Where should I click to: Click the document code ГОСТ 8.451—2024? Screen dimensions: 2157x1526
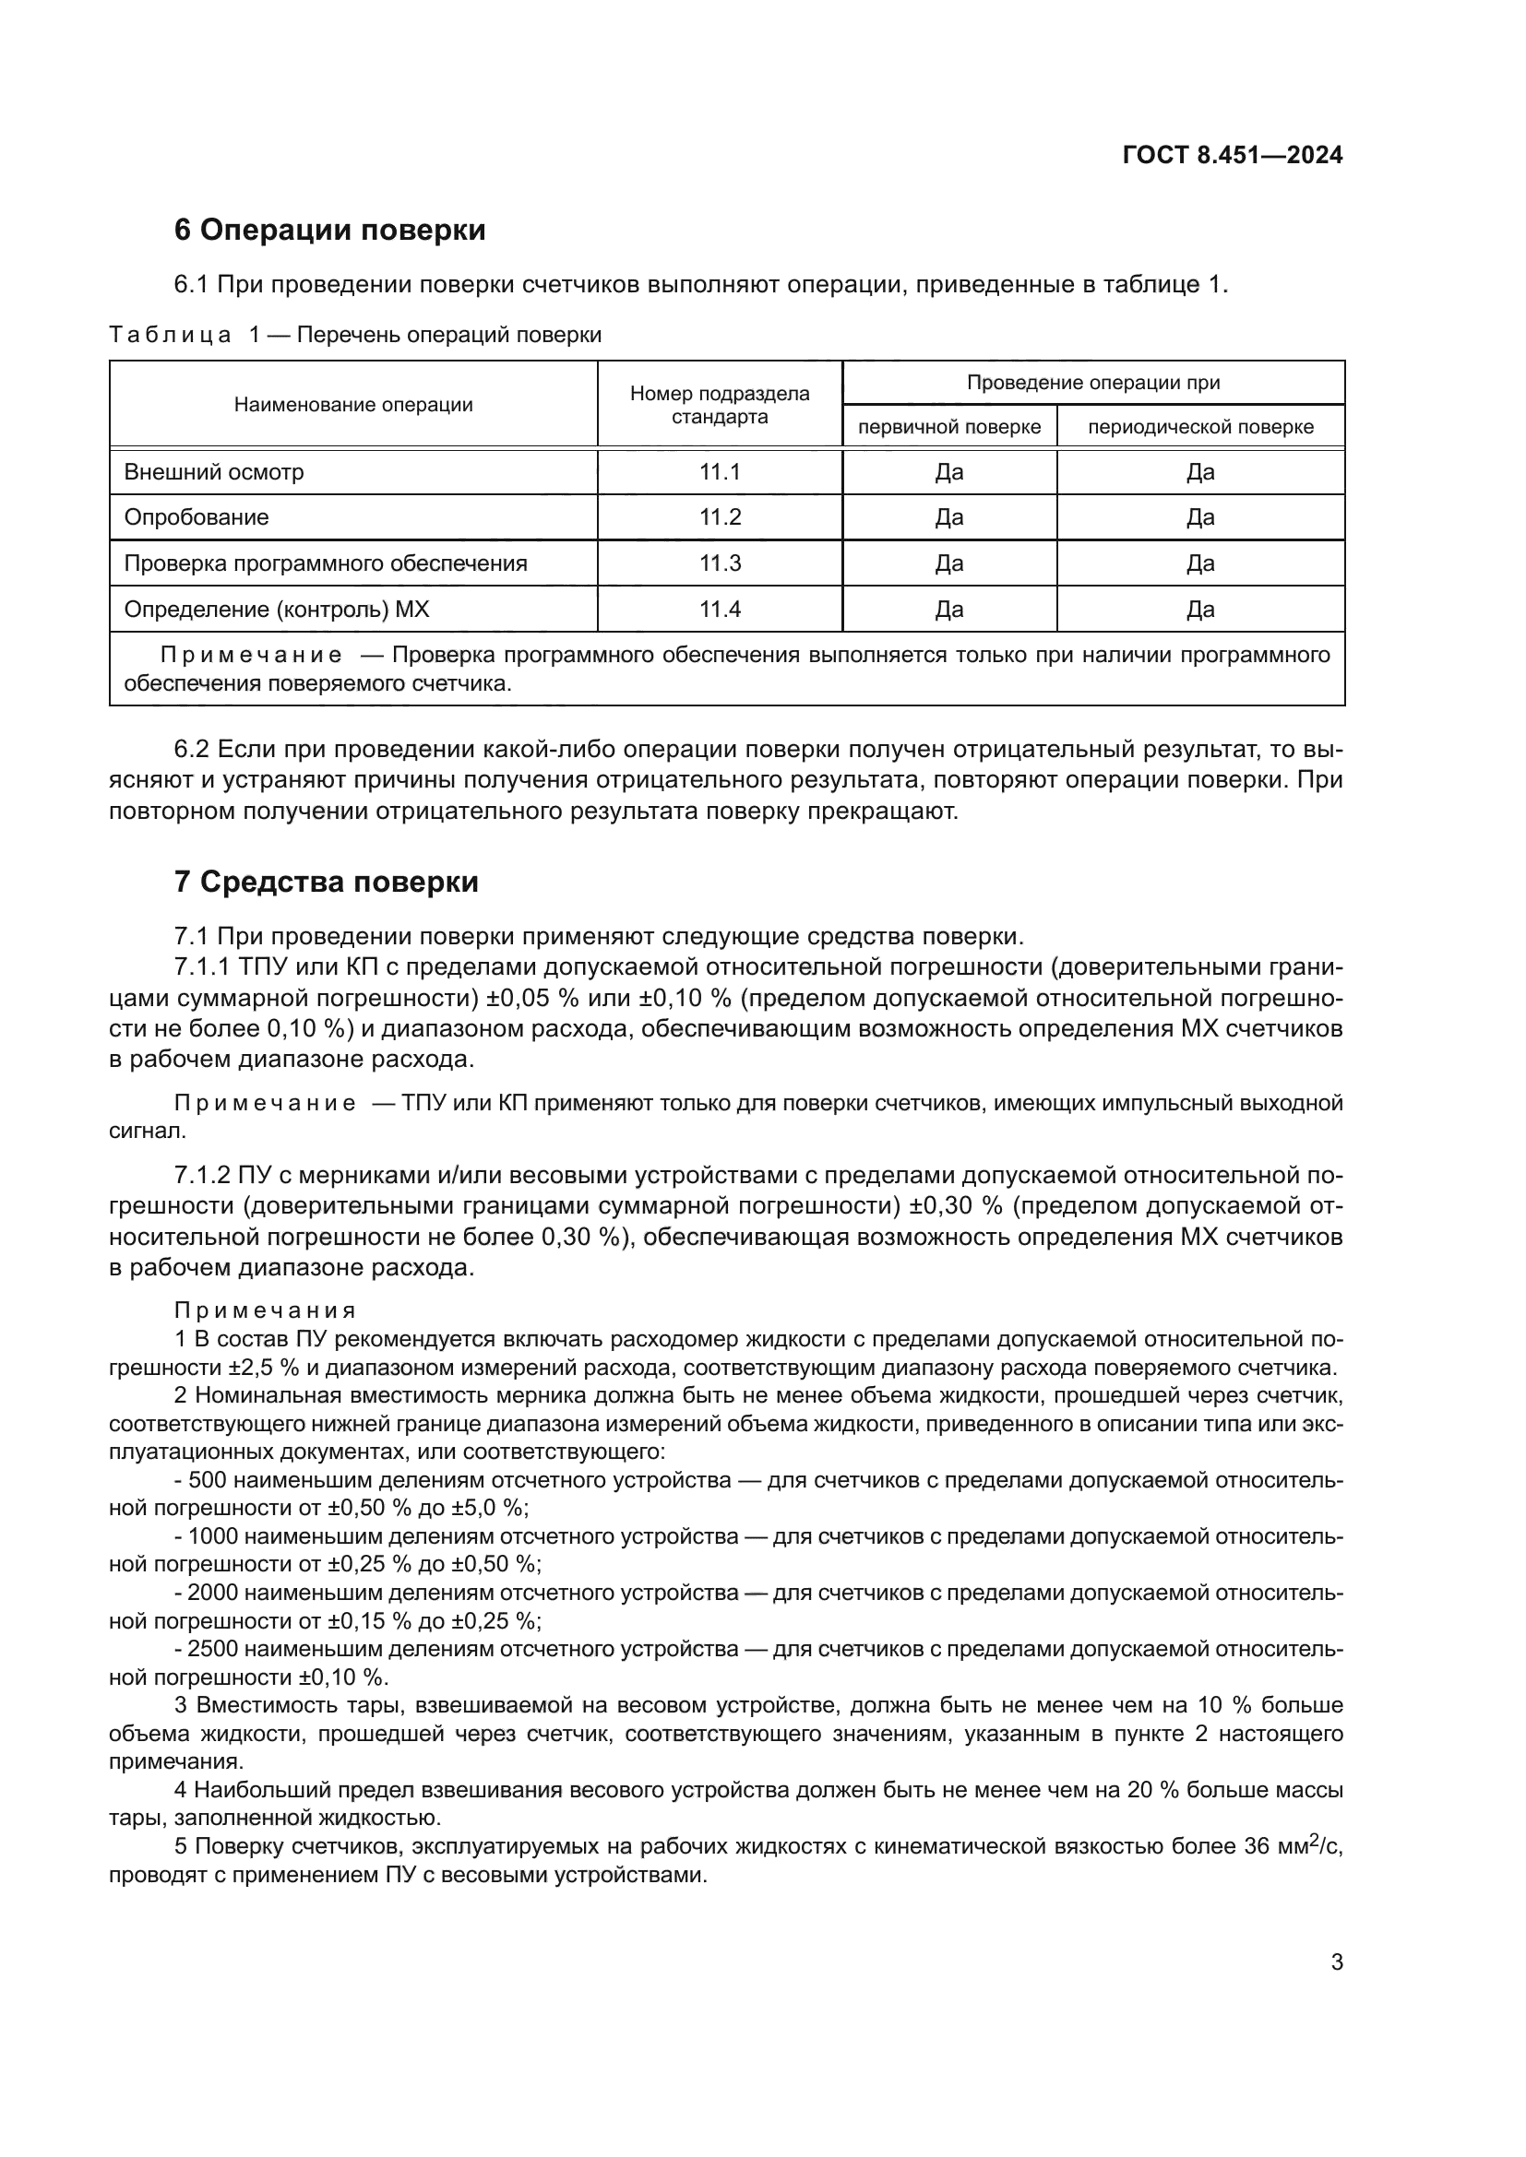[x=1232, y=156]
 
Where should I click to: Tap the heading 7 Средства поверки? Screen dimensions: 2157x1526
[x=326, y=883]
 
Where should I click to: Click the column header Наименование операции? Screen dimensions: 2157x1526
[x=353, y=405]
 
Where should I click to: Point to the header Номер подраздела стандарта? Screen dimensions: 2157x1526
[x=720, y=405]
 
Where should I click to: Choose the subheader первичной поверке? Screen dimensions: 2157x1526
[x=949, y=428]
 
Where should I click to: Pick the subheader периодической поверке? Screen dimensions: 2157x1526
[x=1200, y=428]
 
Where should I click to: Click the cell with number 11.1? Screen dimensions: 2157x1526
[x=720, y=472]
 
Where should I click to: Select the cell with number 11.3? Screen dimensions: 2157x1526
[x=720, y=563]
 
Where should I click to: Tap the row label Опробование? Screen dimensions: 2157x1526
[x=197, y=517]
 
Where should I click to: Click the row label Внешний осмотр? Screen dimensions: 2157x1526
[x=214, y=472]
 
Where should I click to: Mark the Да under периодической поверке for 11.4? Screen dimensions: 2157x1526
[x=1200, y=610]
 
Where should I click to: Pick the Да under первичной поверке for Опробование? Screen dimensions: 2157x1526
[x=949, y=517]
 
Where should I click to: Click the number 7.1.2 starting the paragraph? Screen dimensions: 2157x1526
[x=202, y=1175]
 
